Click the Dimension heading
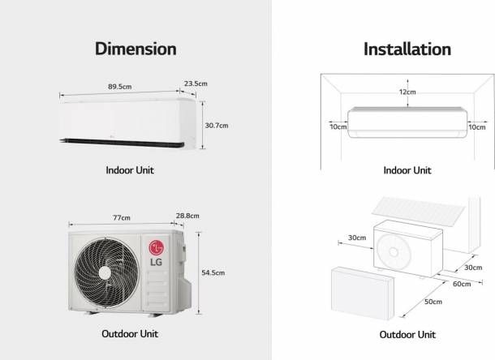[136, 49]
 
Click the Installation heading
[407, 49]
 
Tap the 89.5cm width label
[120, 87]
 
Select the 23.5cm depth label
[196, 84]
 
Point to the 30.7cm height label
[217, 126]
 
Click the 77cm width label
[122, 218]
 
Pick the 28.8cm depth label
[187, 216]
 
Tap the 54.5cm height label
[213, 272]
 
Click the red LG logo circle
[157, 247]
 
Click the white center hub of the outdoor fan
[105, 273]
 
